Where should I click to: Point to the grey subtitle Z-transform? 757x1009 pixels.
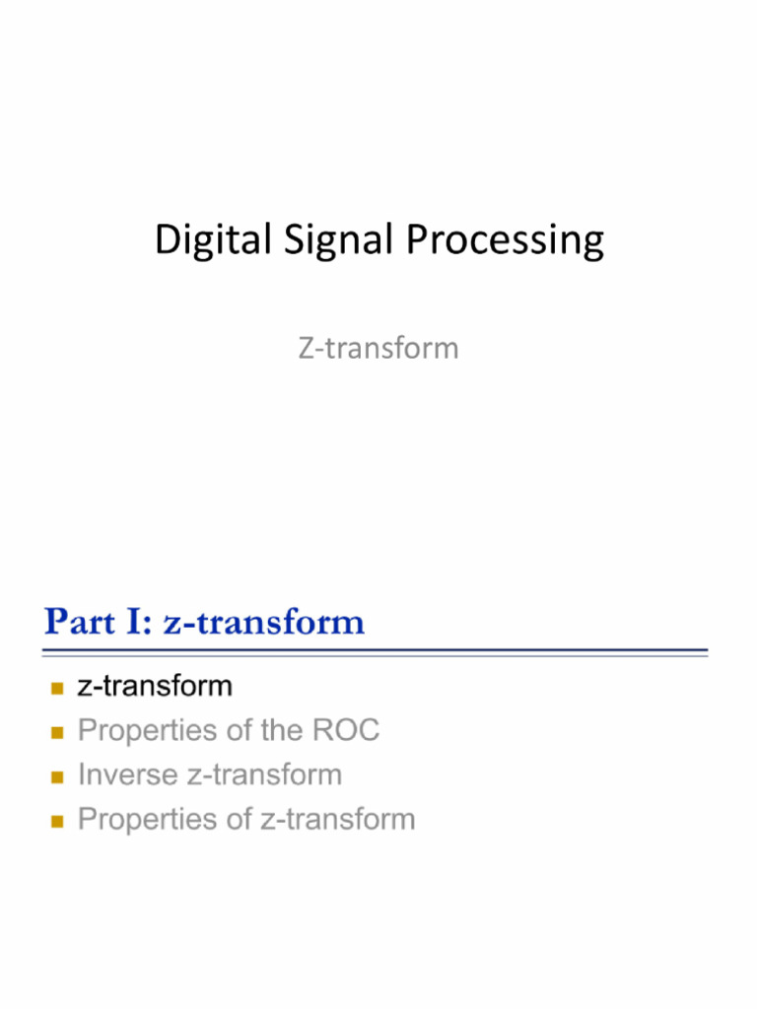(378, 348)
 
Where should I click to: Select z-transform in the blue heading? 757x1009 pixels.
(263, 623)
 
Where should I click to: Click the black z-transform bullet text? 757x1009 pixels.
(155, 686)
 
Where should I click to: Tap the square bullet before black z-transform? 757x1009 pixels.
(56, 687)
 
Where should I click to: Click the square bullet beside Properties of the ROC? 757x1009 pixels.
(56, 731)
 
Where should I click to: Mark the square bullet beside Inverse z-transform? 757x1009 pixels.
(56, 775)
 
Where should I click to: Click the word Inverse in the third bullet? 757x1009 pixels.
(127, 774)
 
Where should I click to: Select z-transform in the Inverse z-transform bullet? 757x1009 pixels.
(263, 774)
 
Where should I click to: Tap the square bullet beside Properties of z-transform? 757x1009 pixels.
(56, 820)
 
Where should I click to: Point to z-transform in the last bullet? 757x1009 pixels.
(337, 819)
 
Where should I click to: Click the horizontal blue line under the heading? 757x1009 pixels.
(375, 651)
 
